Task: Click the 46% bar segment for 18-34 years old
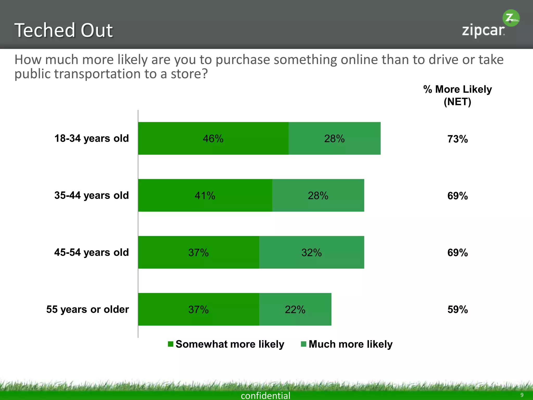point(213,138)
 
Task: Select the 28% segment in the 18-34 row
point(334,138)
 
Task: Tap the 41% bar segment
point(205,195)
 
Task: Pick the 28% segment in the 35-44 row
point(318,195)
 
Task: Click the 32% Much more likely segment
point(312,252)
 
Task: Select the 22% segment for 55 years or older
point(295,309)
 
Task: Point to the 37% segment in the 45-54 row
point(199,252)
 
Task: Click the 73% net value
point(458,139)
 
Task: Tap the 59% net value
point(458,310)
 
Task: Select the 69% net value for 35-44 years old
point(458,196)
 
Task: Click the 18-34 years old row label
point(91,138)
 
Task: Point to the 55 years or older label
point(87,309)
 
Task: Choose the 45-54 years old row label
point(91,252)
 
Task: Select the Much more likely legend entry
point(347,344)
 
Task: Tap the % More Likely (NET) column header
point(458,95)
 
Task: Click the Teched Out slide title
point(64,30)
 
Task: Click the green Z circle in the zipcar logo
point(511,18)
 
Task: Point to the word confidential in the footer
point(265,395)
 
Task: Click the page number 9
point(522,395)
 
